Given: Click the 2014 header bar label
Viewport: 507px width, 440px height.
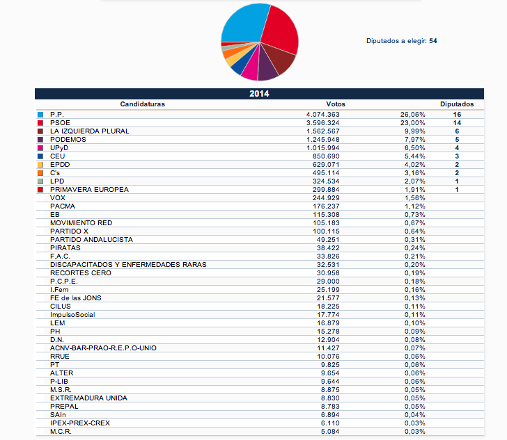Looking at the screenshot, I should [259, 93].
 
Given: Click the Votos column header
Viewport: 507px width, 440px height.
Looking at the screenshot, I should [335, 104].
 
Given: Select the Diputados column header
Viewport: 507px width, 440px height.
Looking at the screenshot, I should [457, 104].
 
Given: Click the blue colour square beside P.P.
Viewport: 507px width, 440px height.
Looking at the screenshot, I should [40, 114].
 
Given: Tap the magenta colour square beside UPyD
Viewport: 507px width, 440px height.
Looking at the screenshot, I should [40, 147].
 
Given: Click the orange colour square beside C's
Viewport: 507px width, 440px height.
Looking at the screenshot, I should [40, 172].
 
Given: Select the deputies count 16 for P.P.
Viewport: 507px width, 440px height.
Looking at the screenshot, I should [457, 114].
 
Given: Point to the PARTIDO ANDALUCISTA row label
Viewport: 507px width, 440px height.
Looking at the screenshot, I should [91, 239].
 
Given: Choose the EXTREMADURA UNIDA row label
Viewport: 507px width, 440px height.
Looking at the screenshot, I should [88, 398].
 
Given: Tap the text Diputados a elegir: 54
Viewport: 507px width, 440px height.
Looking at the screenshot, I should [402, 41].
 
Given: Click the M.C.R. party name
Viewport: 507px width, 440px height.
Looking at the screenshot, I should [61, 431].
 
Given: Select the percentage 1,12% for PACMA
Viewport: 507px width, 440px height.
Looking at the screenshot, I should [414, 206].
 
